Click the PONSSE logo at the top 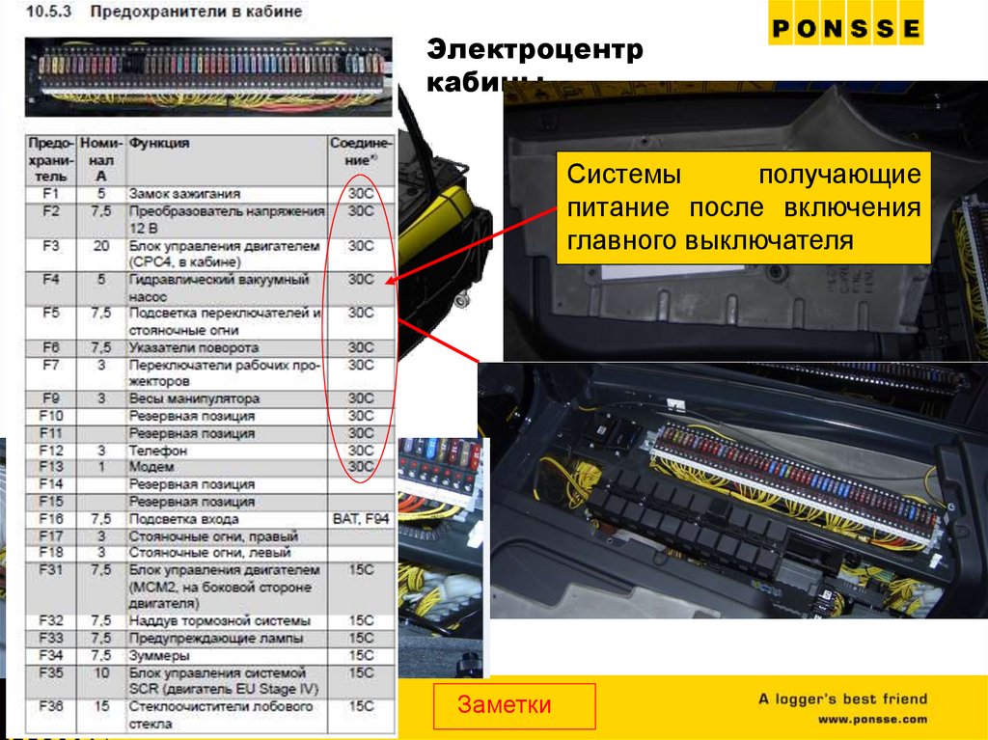[x=845, y=29]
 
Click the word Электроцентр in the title [x=535, y=51]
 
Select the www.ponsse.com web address [x=872, y=720]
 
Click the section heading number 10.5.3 [x=46, y=13]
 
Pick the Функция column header [x=160, y=143]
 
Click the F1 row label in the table [x=51, y=193]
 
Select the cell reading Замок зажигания [x=183, y=193]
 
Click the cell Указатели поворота [x=193, y=347]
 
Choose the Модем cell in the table [x=151, y=467]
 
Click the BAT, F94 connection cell [x=360, y=519]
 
